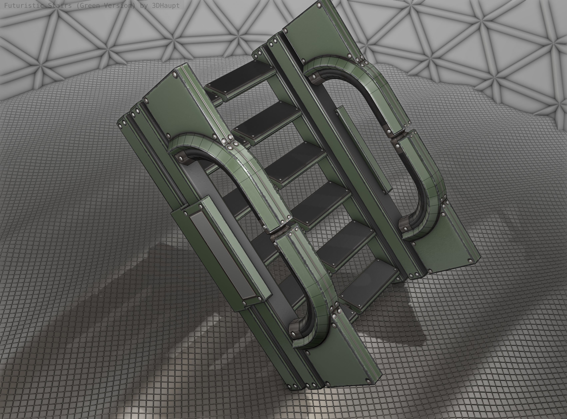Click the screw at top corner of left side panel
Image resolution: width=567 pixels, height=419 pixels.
point(175,74)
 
